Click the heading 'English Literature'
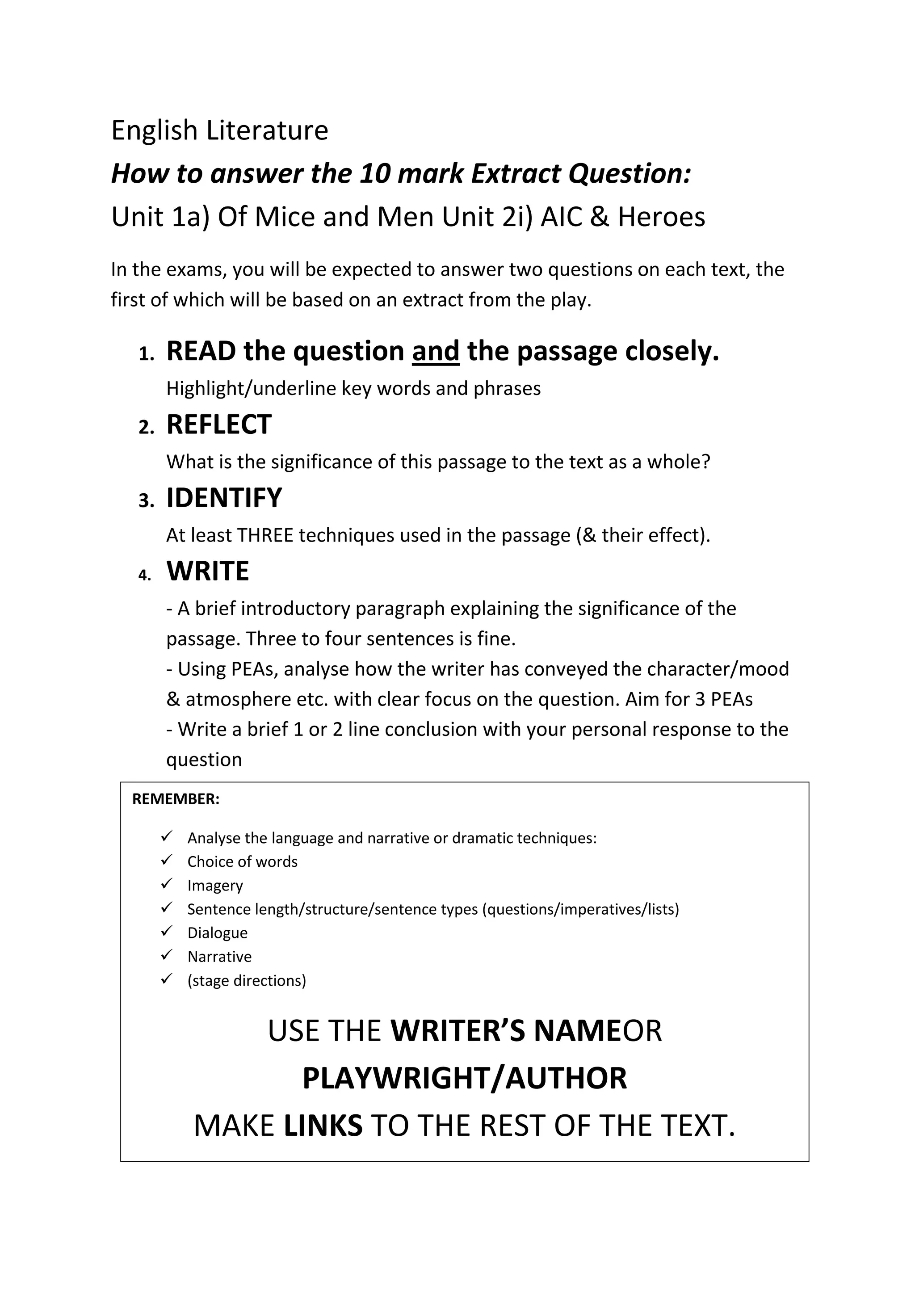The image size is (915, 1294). (x=220, y=131)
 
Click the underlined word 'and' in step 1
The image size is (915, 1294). (x=436, y=351)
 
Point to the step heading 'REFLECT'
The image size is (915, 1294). (x=218, y=424)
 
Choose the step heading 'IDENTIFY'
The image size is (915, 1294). (x=224, y=498)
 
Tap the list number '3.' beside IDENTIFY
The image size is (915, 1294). (x=146, y=500)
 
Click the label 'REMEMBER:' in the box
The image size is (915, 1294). (x=176, y=799)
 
